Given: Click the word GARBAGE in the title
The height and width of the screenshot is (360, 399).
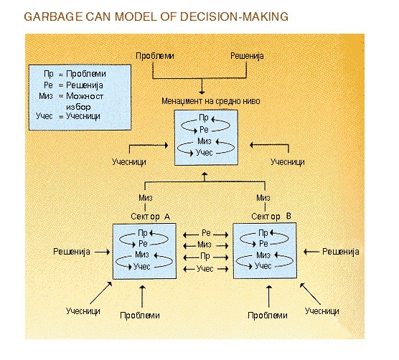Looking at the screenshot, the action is coord(53,16).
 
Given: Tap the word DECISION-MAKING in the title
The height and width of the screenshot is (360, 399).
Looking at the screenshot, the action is coord(234,16).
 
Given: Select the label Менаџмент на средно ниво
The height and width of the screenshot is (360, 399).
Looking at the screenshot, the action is coord(211,101).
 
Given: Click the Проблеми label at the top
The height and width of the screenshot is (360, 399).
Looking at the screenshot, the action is coord(155,56).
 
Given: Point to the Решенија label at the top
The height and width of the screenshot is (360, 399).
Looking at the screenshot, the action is coord(247,56).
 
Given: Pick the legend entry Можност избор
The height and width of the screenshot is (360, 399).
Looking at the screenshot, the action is coord(85,101).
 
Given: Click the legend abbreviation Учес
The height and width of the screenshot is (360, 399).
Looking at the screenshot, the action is coord(44,116).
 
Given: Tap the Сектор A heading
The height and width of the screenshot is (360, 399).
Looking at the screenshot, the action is coord(150,217).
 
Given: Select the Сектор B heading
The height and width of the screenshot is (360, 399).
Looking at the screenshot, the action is coord(271,217).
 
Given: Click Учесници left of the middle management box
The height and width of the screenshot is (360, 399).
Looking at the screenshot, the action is coord(129,162).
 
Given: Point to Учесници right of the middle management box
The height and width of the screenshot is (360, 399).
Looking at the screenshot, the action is coord(288,162).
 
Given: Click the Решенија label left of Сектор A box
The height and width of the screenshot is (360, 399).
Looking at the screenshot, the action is coord(72,252).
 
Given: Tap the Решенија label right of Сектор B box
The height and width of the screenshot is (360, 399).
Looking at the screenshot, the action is coord(341,252).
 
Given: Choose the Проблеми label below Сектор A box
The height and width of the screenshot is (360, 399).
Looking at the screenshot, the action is coord(140,316).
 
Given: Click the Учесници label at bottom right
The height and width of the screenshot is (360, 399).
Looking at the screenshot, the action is coord(322,311).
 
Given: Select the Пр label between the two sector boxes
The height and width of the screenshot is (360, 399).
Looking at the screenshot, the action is coord(205,256).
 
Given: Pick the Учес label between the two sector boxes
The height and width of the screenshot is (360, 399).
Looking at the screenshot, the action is coord(205,269).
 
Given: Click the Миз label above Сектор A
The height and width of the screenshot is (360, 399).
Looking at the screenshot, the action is coord(146,198).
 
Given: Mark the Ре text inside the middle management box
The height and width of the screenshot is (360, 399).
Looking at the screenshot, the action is coord(204,130).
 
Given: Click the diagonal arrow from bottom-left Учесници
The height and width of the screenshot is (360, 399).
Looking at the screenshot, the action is coord(101,293).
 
